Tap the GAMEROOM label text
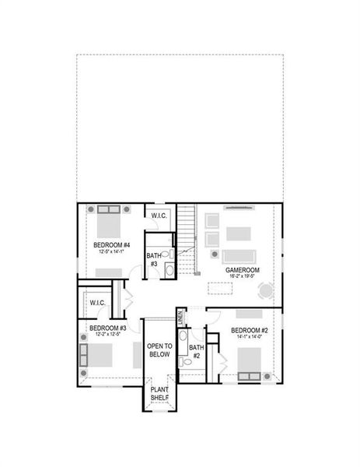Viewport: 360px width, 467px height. click(243, 269)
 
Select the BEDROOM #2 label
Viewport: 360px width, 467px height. click(249, 330)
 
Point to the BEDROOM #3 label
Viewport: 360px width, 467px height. click(107, 328)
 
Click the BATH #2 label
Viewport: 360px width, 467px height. click(197, 352)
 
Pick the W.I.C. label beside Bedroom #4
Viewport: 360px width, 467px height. click(159, 216)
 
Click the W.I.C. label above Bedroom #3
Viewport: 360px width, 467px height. click(97, 302)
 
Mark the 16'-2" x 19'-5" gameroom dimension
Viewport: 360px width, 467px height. click(243, 276)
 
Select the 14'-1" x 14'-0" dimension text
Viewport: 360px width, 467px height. click(249, 337)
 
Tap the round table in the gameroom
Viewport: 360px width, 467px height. click(267, 291)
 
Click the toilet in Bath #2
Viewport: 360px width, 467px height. click(185, 362)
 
